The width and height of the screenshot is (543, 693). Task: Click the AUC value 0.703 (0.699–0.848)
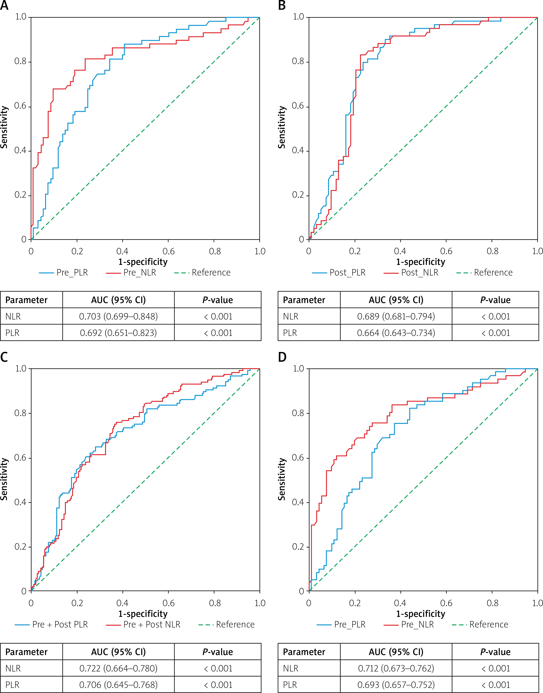click(118, 317)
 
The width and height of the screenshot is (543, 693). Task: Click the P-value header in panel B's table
click(495, 300)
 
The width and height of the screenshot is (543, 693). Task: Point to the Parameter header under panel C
click(26, 652)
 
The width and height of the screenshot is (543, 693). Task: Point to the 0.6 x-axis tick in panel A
click(169, 251)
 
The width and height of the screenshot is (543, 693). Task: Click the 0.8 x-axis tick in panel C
click(215, 603)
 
